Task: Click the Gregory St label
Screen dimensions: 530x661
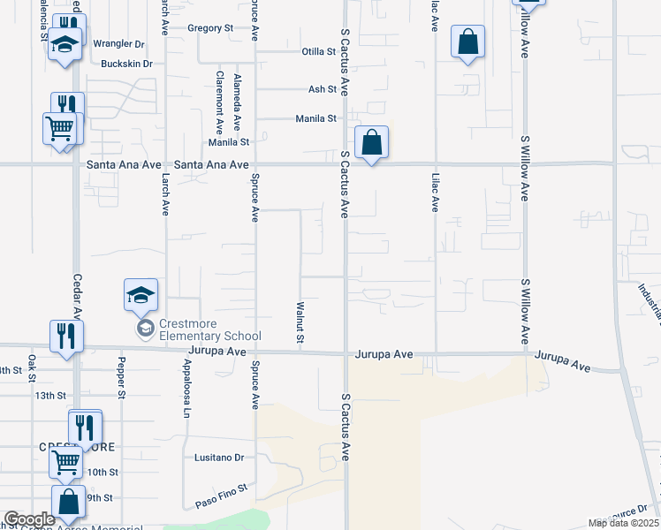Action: pyautogui.click(x=209, y=28)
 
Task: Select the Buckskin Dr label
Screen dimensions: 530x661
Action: pyautogui.click(x=127, y=64)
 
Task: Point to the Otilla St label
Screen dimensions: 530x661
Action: pyautogui.click(x=315, y=51)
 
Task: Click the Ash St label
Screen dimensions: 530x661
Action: pyautogui.click(x=322, y=89)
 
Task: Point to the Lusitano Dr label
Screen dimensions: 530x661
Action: pyautogui.click(x=219, y=458)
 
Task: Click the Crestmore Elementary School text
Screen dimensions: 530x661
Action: pyautogui.click(x=209, y=336)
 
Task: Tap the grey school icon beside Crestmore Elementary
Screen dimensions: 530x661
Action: pyautogui.click(x=145, y=329)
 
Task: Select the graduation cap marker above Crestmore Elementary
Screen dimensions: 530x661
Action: pyautogui.click(x=141, y=295)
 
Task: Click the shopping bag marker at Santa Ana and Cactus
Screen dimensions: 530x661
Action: pyautogui.click(x=372, y=141)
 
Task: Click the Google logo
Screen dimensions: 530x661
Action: pyautogui.click(x=29, y=519)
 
